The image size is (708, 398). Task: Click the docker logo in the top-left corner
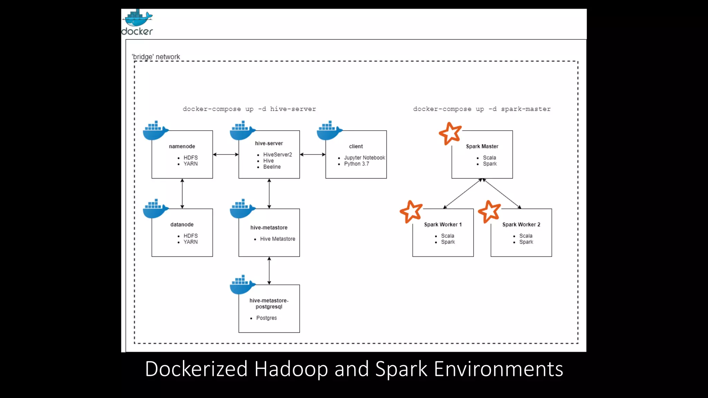click(137, 22)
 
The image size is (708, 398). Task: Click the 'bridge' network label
click(156, 57)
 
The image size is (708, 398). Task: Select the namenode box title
click(182, 146)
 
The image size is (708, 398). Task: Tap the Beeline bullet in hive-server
click(272, 167)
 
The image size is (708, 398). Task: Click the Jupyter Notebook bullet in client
click(364, 158)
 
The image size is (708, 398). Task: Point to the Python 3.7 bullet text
click(356, 164)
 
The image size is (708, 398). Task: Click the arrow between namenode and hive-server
click(225, 154)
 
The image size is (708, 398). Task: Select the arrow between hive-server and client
click(313, 154)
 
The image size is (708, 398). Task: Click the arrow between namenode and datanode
click(182, 193)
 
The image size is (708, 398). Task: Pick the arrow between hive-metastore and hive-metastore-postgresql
click(269, 271)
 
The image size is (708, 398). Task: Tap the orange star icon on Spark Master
click(450, 133)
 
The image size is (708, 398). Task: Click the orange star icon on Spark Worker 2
click(489, 211)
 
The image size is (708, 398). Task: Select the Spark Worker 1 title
click(442, 225)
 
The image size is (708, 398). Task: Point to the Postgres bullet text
click(266, 318)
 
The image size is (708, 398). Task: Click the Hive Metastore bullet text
click(277, 239)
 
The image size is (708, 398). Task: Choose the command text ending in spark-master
click(482, 109)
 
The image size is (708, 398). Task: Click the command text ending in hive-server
click(249, 109)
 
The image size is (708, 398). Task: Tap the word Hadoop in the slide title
click(291, 369)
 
